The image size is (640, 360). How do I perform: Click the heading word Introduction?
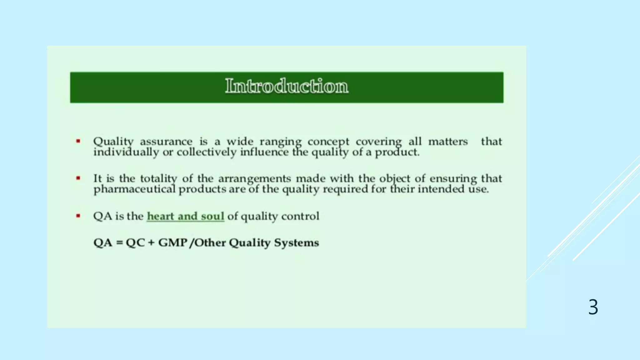tap(287, 86)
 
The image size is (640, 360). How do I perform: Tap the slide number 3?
tap(593, 307)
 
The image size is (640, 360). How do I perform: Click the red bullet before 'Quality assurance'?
tap(78, 141)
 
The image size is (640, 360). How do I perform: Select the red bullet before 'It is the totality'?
tap(78, 178)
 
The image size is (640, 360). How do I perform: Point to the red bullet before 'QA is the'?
tap(78, 216)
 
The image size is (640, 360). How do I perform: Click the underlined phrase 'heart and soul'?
tap(185, 216)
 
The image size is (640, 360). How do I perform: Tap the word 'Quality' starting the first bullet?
tap(113, 142)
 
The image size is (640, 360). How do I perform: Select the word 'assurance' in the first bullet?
tap(166, 142)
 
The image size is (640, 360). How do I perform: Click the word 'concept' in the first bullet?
tap(328, 142)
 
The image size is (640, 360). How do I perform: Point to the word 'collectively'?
tap(206, 152)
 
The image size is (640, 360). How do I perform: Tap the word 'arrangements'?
tap(254, 179)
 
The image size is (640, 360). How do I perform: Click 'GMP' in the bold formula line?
tap(172, 243)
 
